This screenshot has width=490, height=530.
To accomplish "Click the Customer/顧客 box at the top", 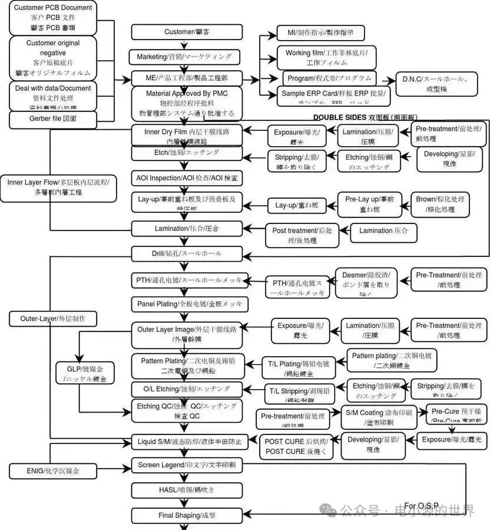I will [x=187, y=32].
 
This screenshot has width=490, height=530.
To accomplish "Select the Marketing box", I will [x=187, y=57].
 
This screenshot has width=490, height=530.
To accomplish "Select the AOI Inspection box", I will [x=187, y=177].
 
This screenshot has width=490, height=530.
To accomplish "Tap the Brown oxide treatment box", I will [x=440, y=204].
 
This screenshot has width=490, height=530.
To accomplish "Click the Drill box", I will [x=187, y=254].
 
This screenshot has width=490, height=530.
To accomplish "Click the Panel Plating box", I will [x=189, y=304].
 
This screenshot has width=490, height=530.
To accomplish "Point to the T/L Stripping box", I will [x=299, y=395].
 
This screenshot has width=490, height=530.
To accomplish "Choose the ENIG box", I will [x=53, y=470].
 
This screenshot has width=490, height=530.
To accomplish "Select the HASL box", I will [x=187, y=490].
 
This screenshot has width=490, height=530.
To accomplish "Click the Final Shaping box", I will [x=187, y=515].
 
